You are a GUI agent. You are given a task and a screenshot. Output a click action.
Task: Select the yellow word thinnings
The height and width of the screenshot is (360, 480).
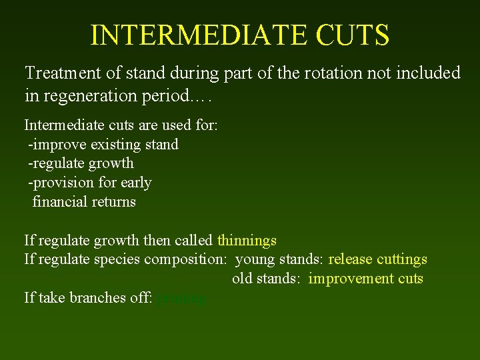247,240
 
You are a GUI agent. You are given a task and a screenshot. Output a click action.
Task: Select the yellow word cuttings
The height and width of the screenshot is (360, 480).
402,259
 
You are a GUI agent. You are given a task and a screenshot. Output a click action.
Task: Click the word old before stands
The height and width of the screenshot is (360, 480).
243,279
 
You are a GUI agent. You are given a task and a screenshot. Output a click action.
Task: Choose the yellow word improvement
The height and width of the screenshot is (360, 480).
351,279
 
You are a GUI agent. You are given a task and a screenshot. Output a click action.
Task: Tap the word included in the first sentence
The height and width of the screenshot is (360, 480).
427,73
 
